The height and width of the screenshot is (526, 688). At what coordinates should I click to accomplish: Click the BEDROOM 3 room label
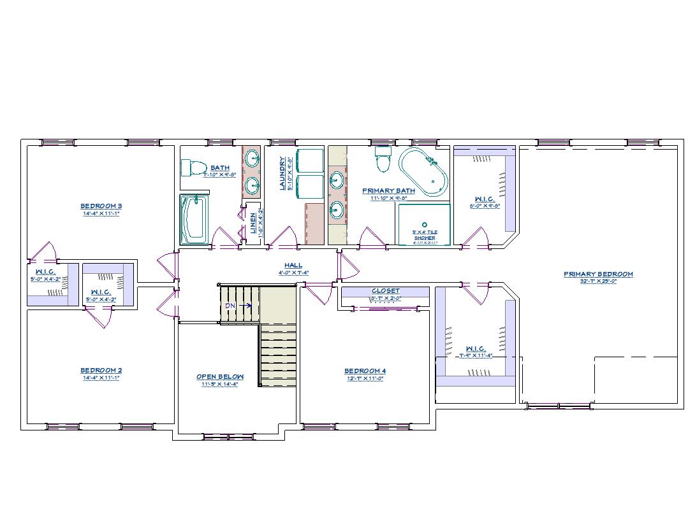(x=101, y=206)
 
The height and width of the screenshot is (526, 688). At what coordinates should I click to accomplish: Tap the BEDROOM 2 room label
(x=101, y=370)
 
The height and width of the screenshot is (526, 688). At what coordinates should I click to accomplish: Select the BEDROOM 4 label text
(x=365, y=371)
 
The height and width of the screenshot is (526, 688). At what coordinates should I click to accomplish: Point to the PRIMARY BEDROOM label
(x=597, y=274)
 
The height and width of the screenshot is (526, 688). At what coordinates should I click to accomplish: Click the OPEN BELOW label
(x=219, y=376)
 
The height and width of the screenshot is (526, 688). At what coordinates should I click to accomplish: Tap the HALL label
(x=293, y=265)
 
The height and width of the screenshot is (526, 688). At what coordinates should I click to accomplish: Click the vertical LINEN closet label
(x=253, y=223)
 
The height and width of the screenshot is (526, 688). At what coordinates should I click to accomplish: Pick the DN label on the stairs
(x=230, y=306)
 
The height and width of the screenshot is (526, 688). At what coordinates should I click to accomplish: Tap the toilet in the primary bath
(x=383, y=160)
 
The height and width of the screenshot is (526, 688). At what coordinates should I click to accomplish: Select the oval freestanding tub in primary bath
(x=423, y=172)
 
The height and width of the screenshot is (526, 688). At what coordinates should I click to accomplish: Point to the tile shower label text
(x=424, y=234)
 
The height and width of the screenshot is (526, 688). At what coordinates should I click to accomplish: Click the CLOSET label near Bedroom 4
(x=385, y=290)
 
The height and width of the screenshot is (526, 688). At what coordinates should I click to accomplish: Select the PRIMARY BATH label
(x=388, y=190)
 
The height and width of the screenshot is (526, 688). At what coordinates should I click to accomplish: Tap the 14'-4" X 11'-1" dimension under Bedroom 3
(x=101, y=214)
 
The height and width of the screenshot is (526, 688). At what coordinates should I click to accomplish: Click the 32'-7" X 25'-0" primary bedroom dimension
(x=597, y=281)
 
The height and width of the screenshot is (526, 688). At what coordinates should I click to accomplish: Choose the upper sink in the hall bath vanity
(x=252, y=157)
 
